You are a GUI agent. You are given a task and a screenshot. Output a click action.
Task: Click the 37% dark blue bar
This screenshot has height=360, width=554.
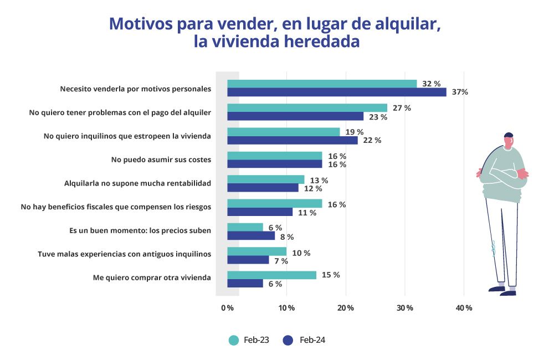coord(337,92)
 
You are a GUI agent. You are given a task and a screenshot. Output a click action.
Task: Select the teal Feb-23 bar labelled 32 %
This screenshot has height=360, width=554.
coord(322,84)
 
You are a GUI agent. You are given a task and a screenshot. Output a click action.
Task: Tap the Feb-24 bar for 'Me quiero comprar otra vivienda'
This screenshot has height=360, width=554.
coord(245,284)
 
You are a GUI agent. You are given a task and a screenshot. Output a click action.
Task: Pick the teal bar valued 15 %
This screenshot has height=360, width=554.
coord(272,275)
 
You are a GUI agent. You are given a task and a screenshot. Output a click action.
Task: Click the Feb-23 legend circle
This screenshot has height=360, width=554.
coord(234,340)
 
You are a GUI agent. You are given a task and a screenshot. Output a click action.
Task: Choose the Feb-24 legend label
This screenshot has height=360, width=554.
coord(312,340)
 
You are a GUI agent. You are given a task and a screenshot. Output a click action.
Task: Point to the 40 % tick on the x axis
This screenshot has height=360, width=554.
coord(464,308)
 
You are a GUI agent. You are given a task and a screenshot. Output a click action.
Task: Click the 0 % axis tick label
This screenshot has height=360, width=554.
coord(227,308)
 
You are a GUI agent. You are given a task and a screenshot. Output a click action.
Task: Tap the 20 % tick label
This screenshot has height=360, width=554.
coord(346,308)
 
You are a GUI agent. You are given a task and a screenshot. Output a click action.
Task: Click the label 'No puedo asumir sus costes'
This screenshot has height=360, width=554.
coord(161,160)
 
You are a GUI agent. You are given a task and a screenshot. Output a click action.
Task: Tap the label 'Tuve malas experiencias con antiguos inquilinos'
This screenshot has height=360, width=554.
coord(125,254)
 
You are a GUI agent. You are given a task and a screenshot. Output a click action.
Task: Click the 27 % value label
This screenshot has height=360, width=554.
coord(402,108)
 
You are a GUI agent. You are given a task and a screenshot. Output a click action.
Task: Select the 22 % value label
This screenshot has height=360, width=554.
coord(372,141)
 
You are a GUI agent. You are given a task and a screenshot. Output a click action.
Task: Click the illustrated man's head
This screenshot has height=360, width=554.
coord(508,140)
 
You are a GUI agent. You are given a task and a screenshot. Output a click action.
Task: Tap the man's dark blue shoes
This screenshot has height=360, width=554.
coord(502,290)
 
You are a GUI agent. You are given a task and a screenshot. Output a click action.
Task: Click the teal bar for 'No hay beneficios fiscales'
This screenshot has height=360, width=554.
coord(275,204)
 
